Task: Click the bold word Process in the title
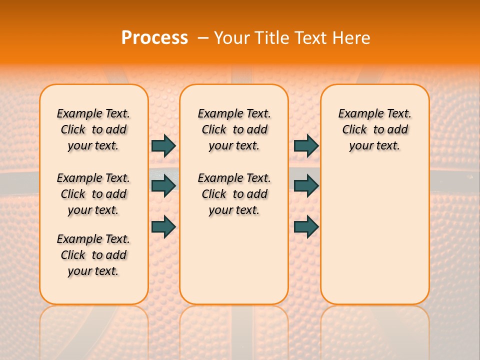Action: pyautogui.click(x=154, y=38)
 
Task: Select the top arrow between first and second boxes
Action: pyautogui.click(x=163, y=146)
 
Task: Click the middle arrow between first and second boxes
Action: pyautogui.click(x=163, y=186)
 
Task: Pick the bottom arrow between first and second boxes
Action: pyautogui.click(x=163, y=226)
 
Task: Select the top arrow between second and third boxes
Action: pyautogui.click(x=306, y=146)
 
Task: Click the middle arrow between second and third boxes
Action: pyautogui.click(x=306, y=186)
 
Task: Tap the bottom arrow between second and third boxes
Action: pyautogui.click(x=306, y=226)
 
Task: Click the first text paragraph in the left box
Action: pyautogui.click(x=93, y=129)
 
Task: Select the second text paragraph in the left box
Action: pyautogui.click(x=93, y=194)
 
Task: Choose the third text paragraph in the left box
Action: pyautogui.click(x=93, y=255)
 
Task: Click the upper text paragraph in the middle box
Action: pyautogui.click(x=234, y=129)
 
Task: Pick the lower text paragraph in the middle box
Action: pyautogui.click(x=234, y=194)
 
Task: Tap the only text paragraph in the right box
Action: pyautogui.click(x=375, y=129)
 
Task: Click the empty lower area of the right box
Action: pyautogui.click(x=375, y=235)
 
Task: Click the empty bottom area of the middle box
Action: pyautogui.click(x=234, y=265)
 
